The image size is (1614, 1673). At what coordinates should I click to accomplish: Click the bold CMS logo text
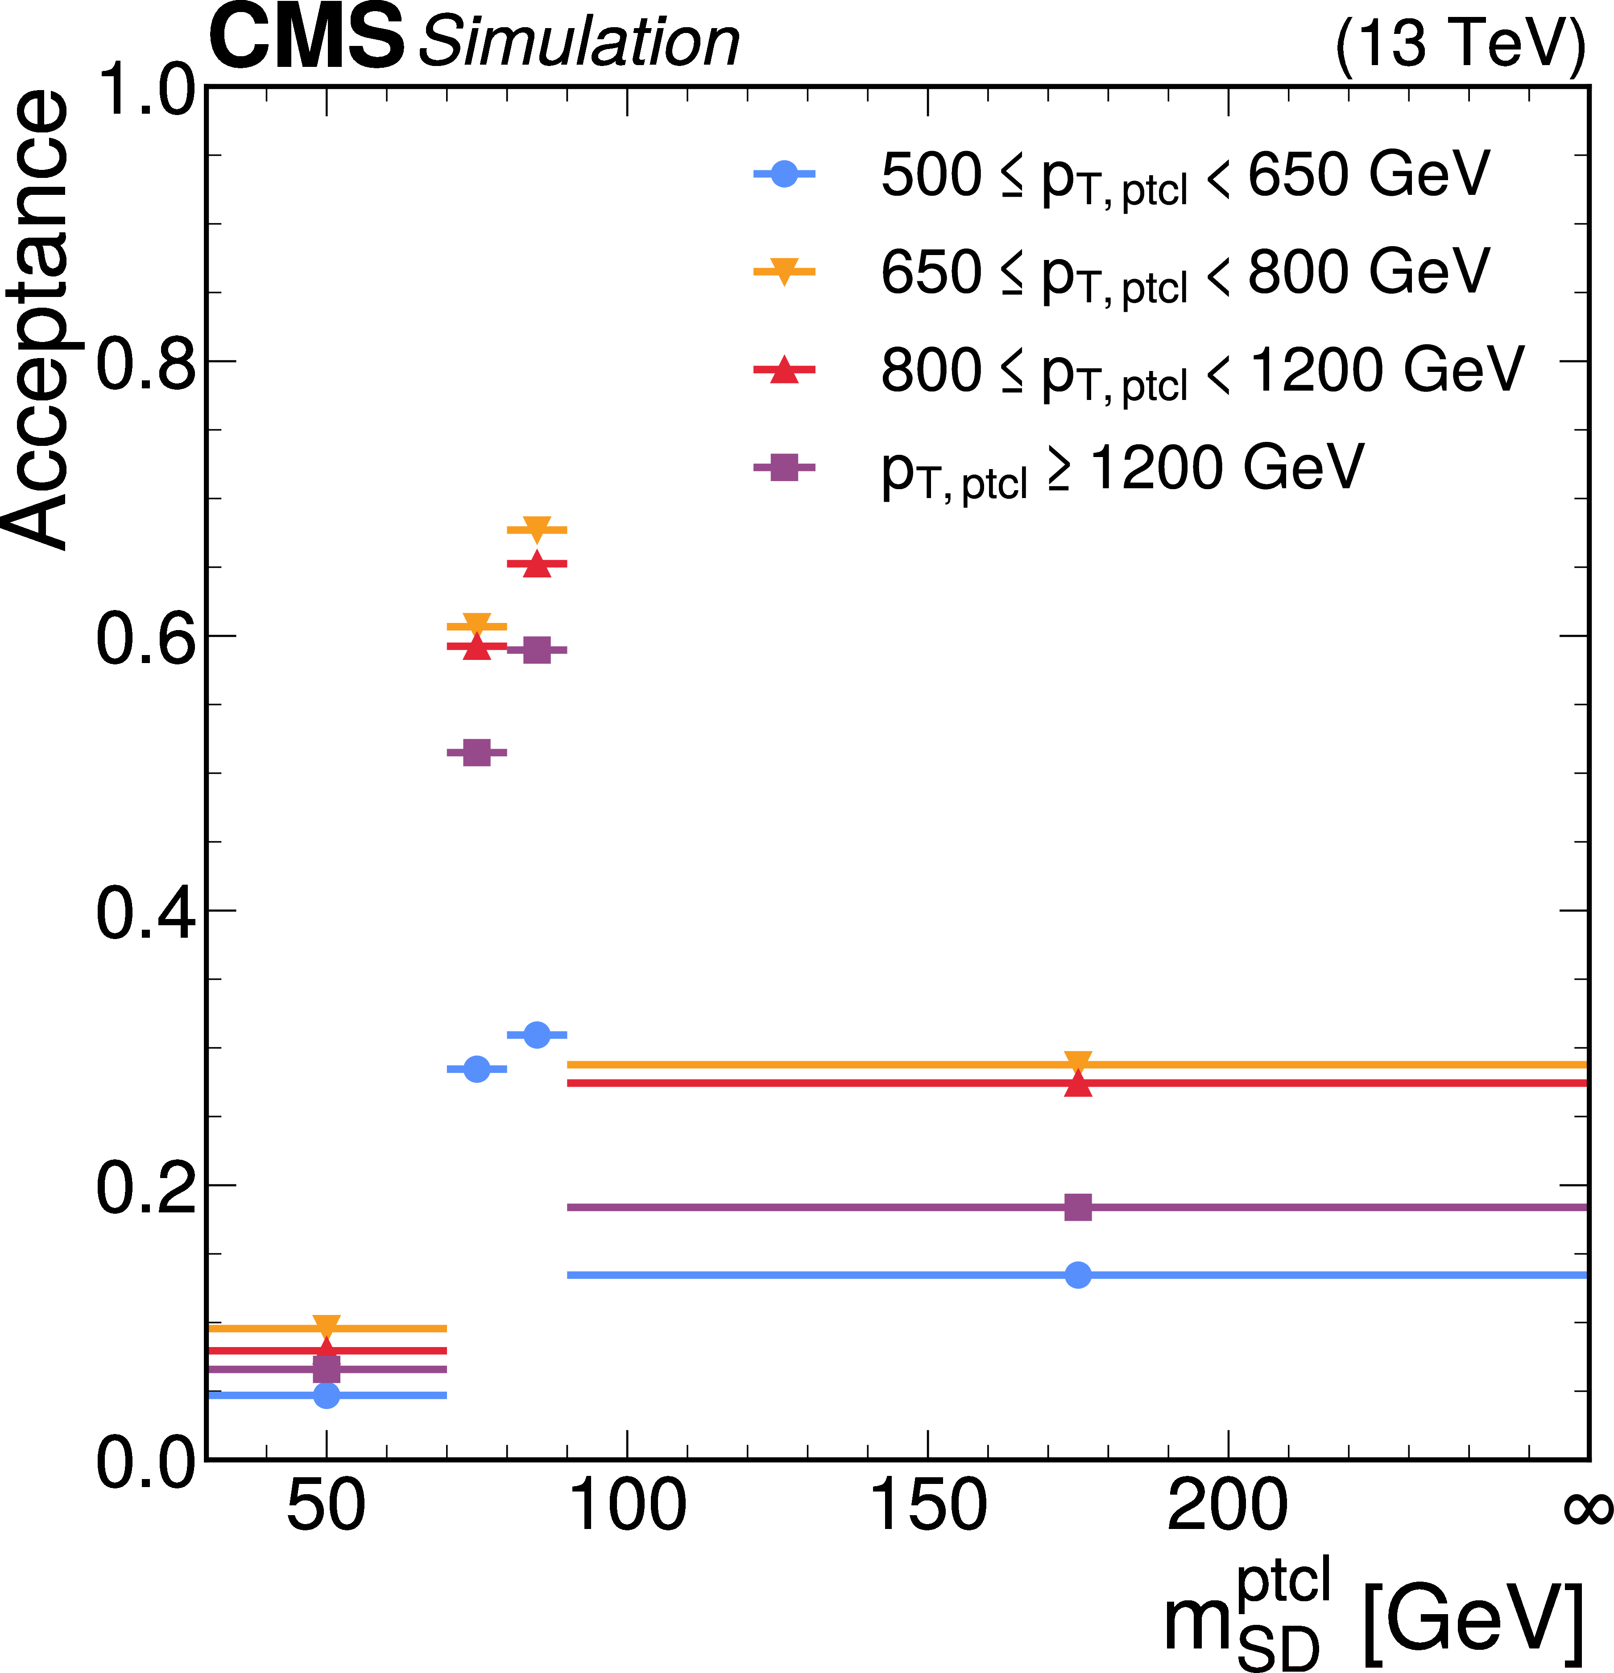[x=306, y=38]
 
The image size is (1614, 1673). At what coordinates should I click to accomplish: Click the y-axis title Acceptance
[x=38, y=320]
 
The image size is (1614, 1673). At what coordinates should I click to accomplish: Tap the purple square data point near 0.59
[x=536, y=651]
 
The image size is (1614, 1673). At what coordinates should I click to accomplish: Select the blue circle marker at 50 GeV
[x=326, y=1396]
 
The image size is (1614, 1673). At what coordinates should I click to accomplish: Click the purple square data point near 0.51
[x=476, y=753]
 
